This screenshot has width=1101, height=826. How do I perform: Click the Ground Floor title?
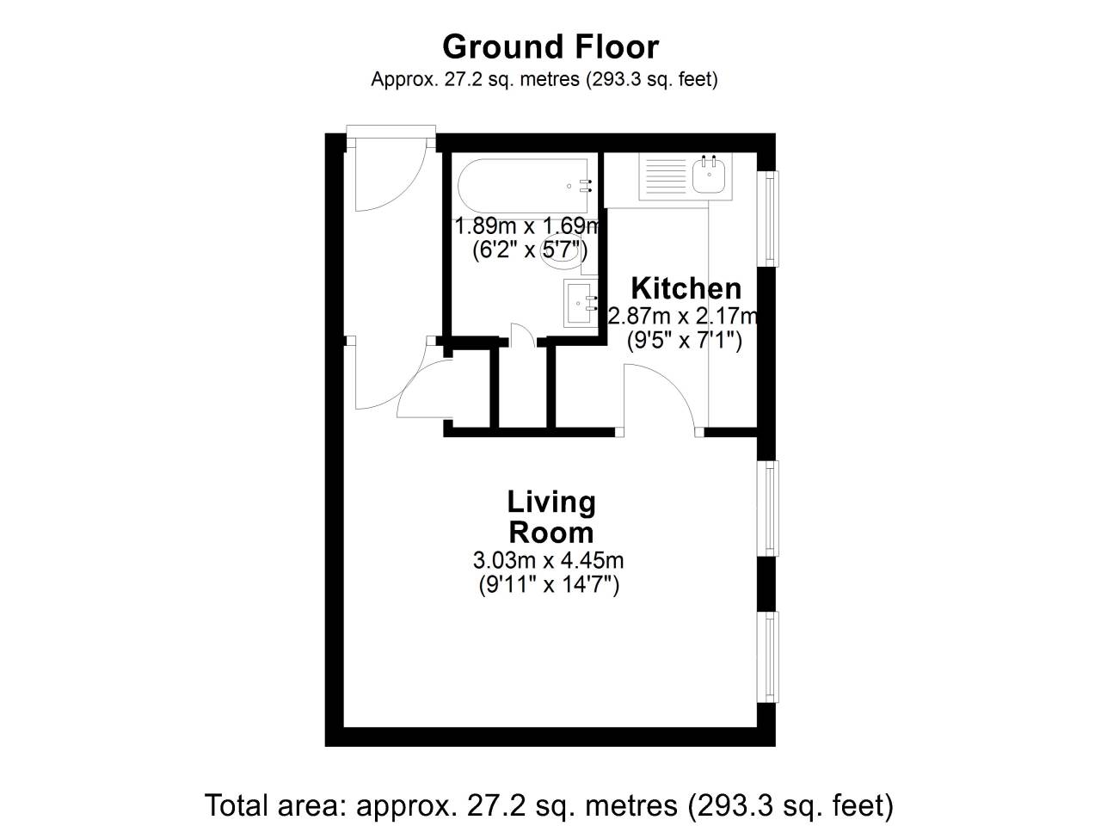pos(550,46)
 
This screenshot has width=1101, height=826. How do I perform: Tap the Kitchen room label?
pos(686,287)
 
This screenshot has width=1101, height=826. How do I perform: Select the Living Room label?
pos(550,516)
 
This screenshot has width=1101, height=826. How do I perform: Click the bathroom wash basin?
pos(579,303)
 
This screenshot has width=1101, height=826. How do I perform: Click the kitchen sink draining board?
pos(664,177)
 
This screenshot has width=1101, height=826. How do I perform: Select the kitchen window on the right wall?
pos(771,219)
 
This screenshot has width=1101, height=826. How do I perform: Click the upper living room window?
pos(771,508)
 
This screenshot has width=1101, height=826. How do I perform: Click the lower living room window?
pos(771,657)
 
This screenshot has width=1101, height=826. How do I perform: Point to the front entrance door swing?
pos(387,176)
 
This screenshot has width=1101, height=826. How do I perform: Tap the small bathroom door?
pos(521,336)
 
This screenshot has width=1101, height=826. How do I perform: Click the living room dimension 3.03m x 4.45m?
pos(549,561)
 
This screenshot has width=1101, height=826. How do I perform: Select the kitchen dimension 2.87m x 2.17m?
pos(684,316)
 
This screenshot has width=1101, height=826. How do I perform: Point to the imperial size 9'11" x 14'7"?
pos(549,586)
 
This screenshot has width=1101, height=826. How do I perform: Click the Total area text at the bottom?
pos(549,806)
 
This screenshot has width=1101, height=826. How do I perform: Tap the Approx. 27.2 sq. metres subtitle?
pos(544,79)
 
